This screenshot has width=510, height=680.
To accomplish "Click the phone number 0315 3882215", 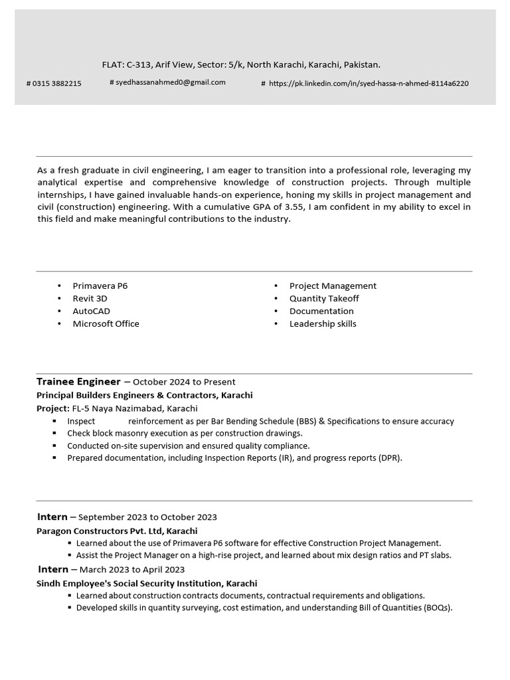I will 56,84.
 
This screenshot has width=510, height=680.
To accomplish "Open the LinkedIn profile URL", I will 369,84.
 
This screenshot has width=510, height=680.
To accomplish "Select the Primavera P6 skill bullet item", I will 100,286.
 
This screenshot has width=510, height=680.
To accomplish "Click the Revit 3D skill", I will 90,298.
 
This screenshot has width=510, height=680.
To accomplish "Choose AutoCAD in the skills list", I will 91,311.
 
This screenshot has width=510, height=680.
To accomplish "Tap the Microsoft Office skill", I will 106,323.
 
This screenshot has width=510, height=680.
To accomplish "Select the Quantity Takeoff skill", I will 324,298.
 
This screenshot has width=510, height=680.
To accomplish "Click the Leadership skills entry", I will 323,323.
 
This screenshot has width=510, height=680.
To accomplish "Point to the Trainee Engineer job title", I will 78,382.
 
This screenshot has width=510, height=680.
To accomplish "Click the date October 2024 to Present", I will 184,382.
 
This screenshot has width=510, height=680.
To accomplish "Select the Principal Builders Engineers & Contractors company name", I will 144,395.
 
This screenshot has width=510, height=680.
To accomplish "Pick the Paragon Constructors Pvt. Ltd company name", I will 116,531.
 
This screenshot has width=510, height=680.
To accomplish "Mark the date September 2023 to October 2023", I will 147,517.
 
